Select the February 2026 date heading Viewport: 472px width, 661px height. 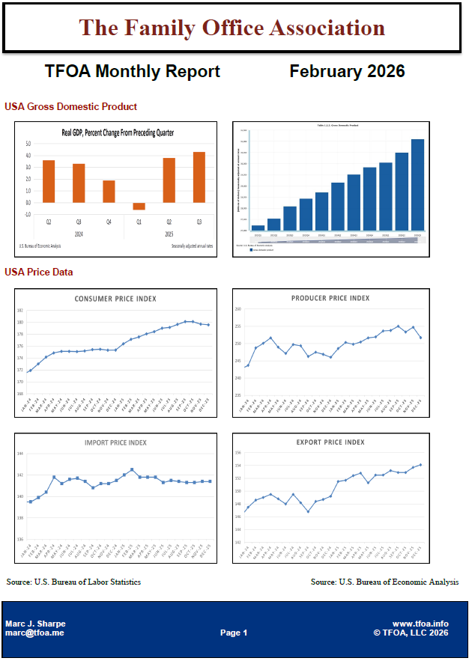tap(347, 71)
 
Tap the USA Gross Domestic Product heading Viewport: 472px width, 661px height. tap(71, 107)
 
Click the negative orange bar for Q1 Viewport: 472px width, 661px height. tap(139, 206)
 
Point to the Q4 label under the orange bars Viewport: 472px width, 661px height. tap(109, 222)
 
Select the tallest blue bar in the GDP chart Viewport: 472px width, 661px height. tap(418, 184)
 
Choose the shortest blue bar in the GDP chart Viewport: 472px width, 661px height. tap(258, 228)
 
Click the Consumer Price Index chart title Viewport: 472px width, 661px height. tap(115, 299)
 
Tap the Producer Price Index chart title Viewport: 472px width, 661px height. tap(330, 298)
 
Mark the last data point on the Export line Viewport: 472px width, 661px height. tap(420, 465)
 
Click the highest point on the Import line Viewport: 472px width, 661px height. tap(132, 469)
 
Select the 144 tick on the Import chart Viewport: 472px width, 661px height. tap(20, 454)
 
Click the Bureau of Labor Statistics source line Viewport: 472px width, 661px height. tap(73, 582)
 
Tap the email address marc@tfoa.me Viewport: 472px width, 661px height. tap(34, 633)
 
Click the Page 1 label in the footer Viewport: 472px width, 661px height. tap(234, 633)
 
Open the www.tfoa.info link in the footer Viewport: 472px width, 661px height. tap(420, 623)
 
